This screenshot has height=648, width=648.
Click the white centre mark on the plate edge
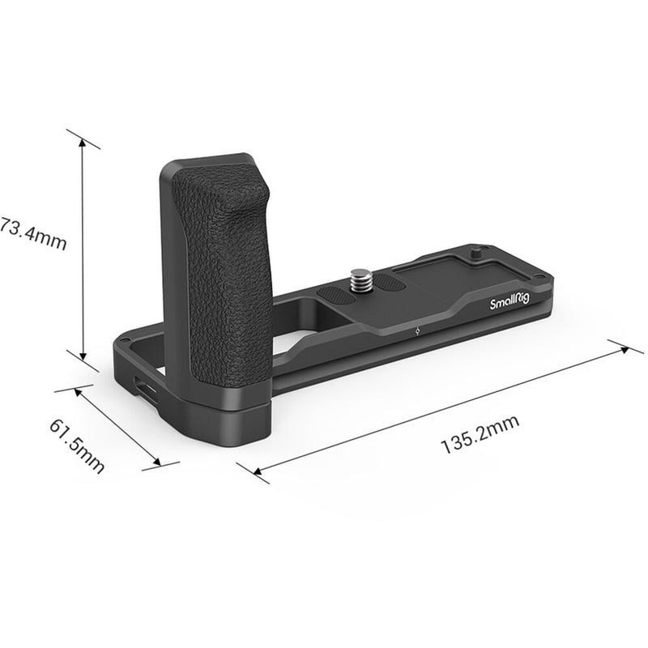(415, 330)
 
